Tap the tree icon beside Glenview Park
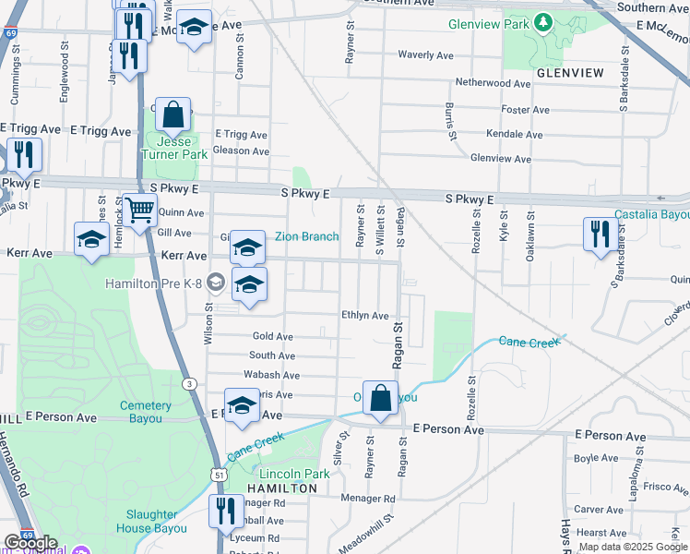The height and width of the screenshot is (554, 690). coord(544,20)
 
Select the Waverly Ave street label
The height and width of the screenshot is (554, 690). coord(425,55)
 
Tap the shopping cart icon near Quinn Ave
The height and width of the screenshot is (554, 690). coord(140,211)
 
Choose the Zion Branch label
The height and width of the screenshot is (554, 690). coord(307,236)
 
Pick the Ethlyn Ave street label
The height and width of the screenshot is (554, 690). coord(365,316)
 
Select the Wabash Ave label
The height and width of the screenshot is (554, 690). coord(271,376)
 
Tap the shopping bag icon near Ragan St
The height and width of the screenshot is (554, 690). coord(380,399)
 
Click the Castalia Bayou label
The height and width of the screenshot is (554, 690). coord(652,215)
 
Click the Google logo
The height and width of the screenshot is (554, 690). coord(30,543)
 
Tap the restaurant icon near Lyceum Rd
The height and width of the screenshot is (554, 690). coord(226,512)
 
